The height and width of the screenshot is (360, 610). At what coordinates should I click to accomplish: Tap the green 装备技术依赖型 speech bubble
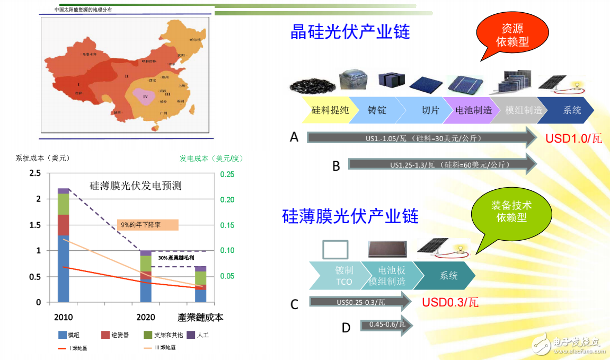pos(511,211)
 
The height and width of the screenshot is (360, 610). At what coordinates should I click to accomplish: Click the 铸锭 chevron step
pos(377,110)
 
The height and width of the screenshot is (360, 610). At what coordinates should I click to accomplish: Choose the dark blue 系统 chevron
pos(572,110)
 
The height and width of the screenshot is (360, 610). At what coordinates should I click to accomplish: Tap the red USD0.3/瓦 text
pos(450,303)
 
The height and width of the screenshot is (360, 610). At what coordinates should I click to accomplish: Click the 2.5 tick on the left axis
pos(35,173)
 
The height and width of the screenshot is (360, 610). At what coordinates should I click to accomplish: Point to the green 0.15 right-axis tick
pos(227,225)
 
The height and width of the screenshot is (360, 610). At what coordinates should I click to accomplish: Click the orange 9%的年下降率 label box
pos(148,225)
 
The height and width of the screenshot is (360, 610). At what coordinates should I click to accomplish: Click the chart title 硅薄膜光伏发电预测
pos(136,186)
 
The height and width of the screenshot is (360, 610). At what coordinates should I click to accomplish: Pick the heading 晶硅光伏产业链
pos(350,32)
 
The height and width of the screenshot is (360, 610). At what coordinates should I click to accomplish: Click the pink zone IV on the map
pos(145,96)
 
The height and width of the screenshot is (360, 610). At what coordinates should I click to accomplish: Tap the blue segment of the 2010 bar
pos(64,268)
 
